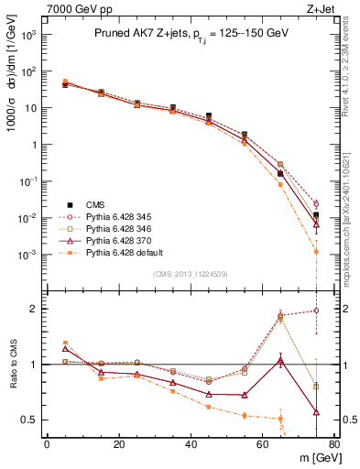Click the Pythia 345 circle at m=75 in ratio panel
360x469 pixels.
click(316, 311)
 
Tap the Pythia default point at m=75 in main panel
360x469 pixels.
click(316, 251)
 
